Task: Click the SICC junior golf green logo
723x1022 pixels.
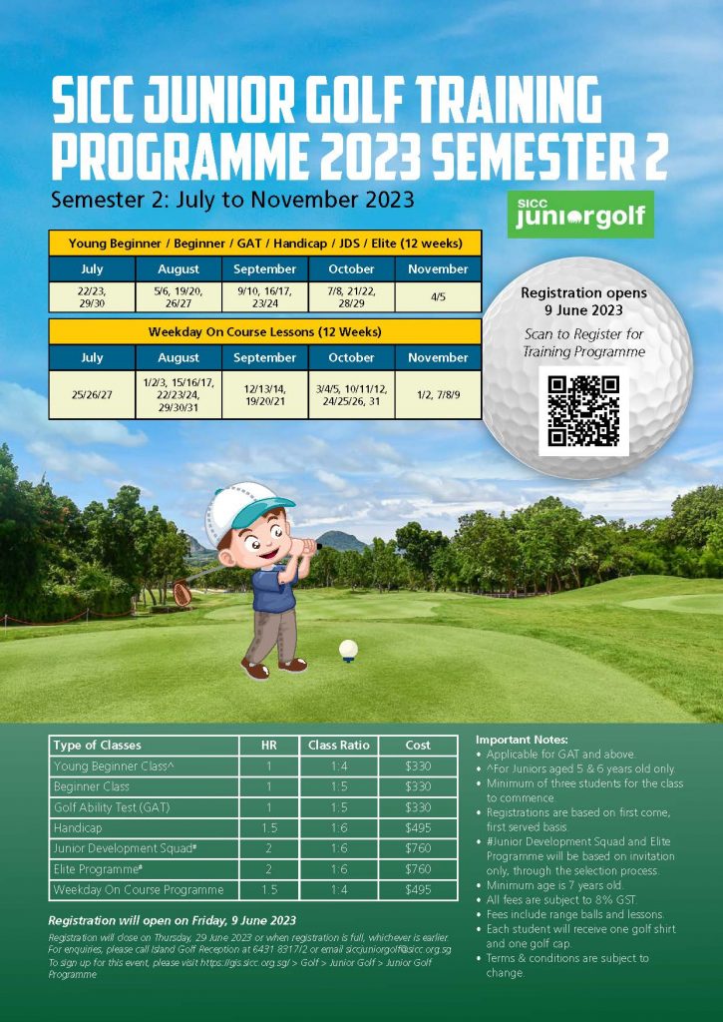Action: (579, 214)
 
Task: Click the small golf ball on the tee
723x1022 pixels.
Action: (348, 650)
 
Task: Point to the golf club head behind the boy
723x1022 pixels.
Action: (181, 594)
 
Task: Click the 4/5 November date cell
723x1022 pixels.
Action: (438, 296)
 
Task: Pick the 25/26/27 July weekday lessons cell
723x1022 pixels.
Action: (91, 394)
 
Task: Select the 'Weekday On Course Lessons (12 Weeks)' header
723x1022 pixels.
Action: (264, 331)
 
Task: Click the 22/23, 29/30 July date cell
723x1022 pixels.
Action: (91, 296)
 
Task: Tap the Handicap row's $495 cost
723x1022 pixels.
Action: (418, 827)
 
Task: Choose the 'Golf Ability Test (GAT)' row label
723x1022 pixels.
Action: (114, 806)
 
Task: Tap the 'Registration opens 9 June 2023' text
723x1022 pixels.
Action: (583, 301)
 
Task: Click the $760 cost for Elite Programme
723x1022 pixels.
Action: (418, 868)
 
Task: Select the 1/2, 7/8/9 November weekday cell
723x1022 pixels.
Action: (438, 394)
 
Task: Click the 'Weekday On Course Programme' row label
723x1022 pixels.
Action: (138, 889)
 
